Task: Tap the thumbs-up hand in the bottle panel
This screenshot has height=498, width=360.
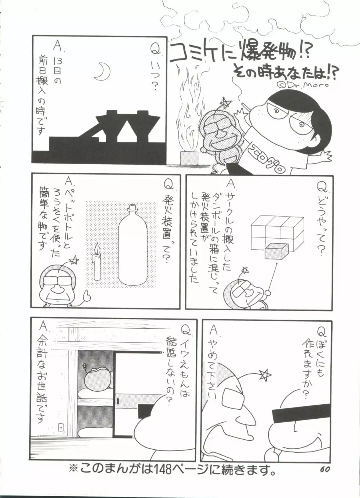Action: coord(87,294)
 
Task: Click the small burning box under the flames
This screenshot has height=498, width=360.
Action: coord(189,157)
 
